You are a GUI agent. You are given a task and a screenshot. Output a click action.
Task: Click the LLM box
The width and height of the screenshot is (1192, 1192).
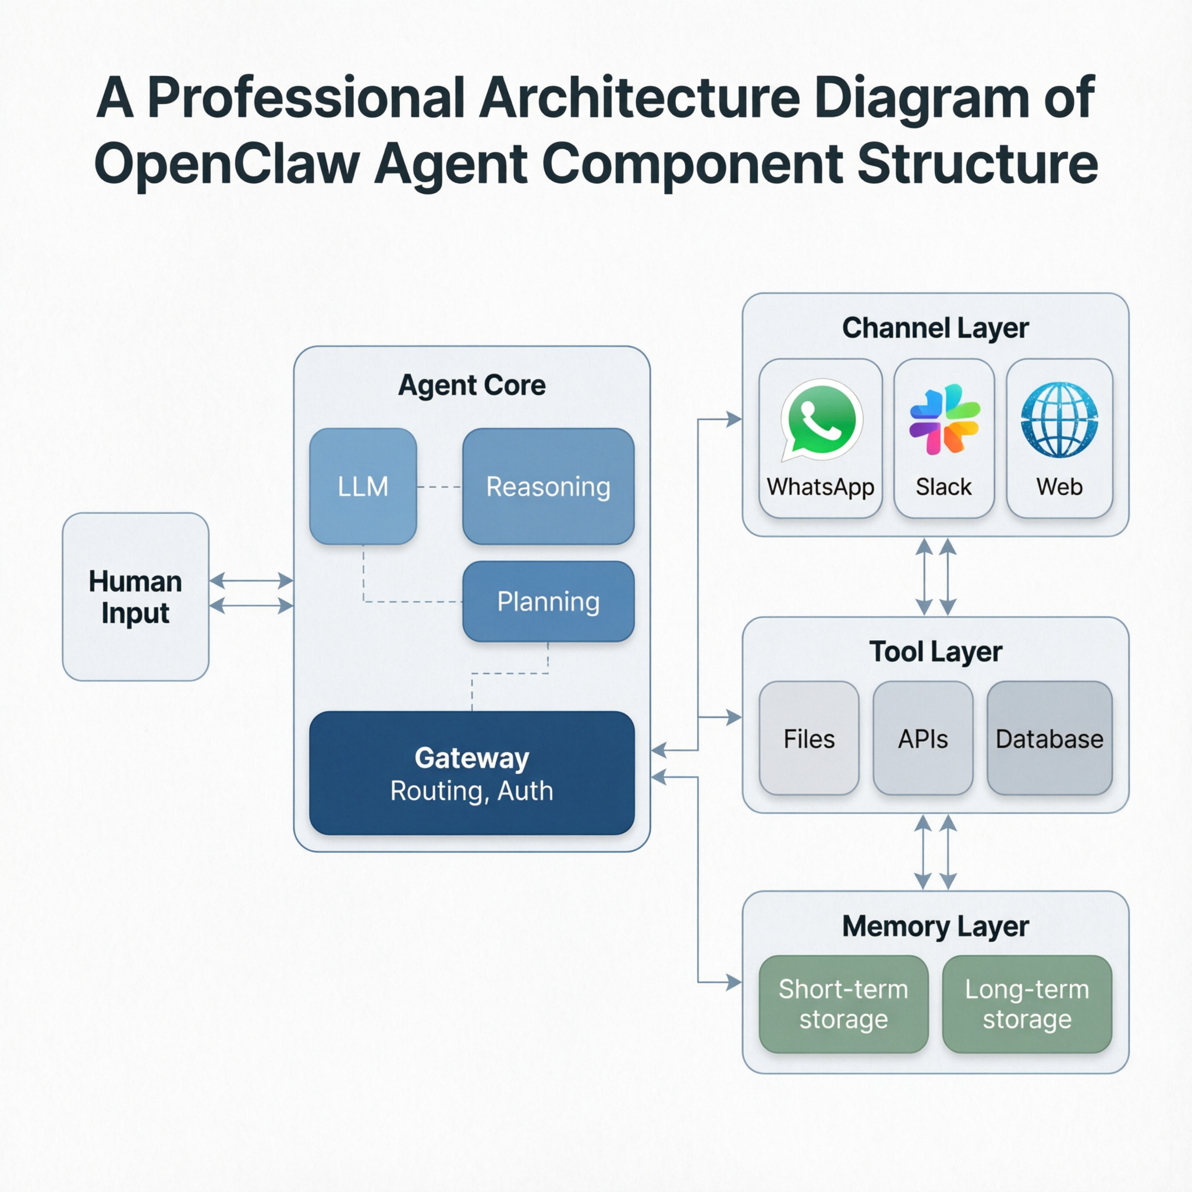[x=363, y=486]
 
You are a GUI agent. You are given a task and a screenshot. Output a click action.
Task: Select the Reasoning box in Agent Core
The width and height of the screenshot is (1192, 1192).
[x=548, y=486]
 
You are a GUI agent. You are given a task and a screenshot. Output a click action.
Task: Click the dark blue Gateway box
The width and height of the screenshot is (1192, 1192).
[x=471, y=772]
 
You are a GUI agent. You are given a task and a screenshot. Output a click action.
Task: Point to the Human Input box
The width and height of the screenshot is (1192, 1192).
[x=135, y=597]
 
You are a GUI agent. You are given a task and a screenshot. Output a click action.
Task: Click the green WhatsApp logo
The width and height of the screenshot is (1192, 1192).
[x=821, y=419]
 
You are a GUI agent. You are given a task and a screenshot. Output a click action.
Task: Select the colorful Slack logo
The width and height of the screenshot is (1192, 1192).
[x=944, y=419]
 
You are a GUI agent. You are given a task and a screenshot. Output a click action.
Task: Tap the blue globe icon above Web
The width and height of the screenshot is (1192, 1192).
[x=1059, y=420]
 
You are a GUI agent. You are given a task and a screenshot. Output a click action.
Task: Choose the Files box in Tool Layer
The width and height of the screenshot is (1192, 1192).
[x=809, y=738]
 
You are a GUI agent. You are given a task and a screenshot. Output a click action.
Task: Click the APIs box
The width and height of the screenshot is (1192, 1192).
[x=923, y=738]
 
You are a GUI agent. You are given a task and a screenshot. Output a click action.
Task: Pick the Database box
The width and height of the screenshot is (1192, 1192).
[x=1049, y=738]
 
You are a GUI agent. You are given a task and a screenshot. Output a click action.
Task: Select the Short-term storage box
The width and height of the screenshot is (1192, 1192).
[x=843, y=1004]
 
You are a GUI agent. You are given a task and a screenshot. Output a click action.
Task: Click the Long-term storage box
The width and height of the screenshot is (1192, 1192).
[x=1027, y=1004]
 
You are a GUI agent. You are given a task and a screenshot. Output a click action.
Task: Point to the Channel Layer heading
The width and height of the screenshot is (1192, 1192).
[x=935, y=328]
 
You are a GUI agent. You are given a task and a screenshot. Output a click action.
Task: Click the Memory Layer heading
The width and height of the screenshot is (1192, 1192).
[x=935, y=926]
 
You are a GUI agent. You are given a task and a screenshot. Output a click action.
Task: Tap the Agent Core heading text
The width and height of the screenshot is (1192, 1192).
[x=471, y=385]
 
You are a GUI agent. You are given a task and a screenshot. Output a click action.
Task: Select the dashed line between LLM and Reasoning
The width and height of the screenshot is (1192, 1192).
[x=439, y=487]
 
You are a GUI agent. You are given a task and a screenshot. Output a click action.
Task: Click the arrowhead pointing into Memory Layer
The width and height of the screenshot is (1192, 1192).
[x=733, y=982]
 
